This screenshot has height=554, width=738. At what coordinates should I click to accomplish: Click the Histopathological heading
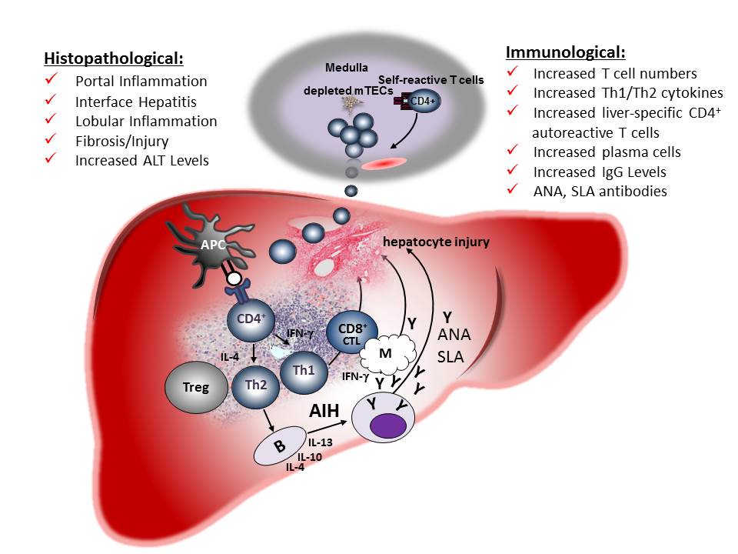point(115,59)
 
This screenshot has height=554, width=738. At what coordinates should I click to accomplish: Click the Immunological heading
point(565,52)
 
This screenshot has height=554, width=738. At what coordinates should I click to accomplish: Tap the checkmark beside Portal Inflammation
point(52,80)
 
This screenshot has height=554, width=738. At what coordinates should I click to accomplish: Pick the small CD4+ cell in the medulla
point(424,101)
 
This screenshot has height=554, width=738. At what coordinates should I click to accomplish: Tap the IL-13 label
point(321,442)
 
